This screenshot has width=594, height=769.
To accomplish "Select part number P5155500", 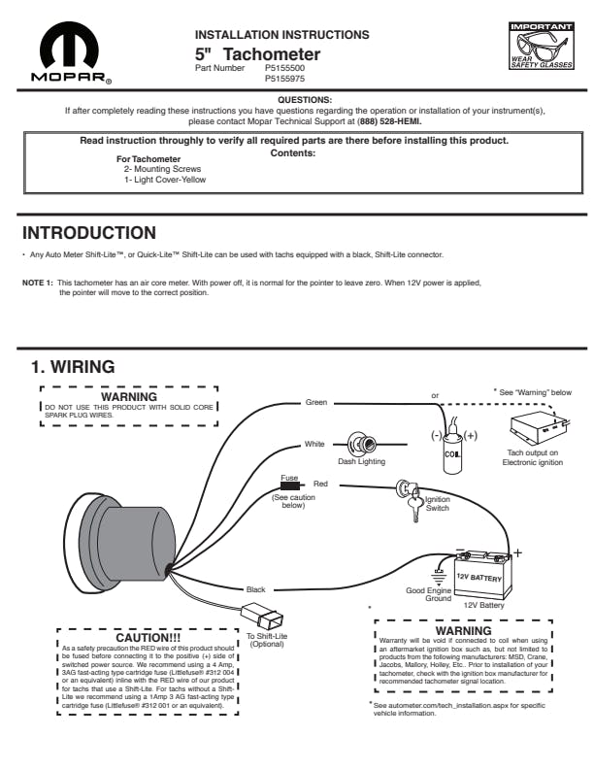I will pos(283,69).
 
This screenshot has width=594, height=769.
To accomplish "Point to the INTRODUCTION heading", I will pos(88,233).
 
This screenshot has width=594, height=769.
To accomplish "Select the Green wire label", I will pos(316,402).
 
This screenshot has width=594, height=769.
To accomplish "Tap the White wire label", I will pos(314,444).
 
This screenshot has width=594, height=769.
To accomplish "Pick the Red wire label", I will pos(320,483).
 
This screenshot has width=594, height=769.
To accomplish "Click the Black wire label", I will pos(255,589).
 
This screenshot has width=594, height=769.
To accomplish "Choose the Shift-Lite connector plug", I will pos(262,618).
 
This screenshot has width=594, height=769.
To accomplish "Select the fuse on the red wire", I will pos(289,485).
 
